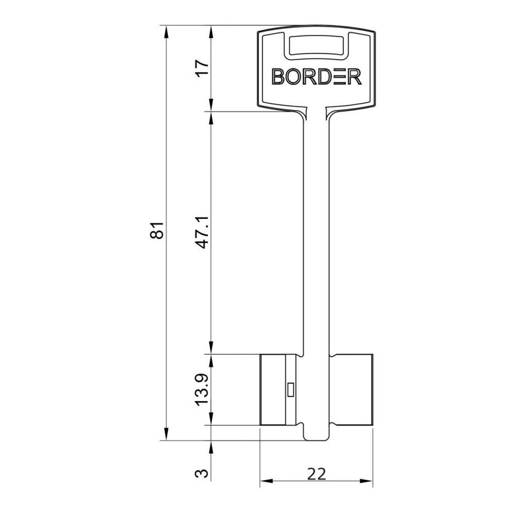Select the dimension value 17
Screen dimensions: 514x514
click(203, 68)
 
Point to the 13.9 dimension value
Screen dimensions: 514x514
click(203, 390)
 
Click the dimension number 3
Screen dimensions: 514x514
click(203, 473)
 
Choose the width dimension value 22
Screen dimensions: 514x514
click(317, 474)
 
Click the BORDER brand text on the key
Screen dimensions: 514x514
click(317, 77)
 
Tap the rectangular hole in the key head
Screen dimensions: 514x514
click(316, 45)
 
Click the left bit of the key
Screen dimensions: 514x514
click(279, 390)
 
